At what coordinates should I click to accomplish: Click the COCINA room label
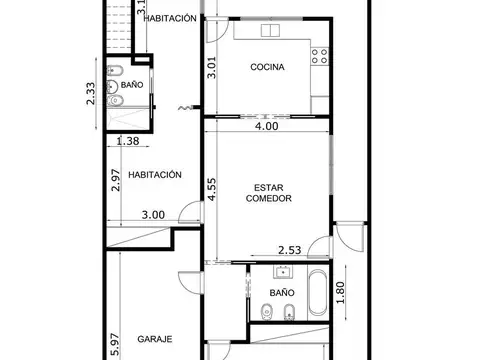267,68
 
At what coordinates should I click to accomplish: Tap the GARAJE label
156,338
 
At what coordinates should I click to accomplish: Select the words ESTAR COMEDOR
268,193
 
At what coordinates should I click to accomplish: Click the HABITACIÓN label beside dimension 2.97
155,174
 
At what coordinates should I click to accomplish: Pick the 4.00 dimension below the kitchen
266,127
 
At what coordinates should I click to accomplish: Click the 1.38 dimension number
128,142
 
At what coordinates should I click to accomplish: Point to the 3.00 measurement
152,214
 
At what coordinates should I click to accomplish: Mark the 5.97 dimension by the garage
116,345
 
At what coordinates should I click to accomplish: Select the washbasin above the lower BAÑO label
284,271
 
